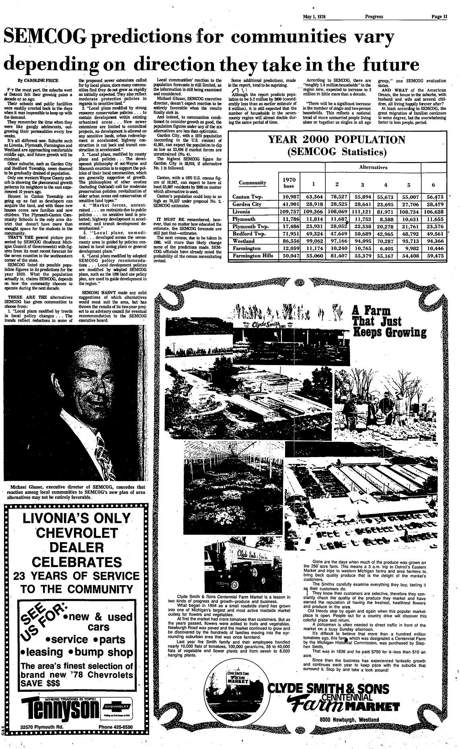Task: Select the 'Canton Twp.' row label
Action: point(248,197)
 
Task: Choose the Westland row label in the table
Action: point(244,241)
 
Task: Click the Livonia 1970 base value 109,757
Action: point(291,212)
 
